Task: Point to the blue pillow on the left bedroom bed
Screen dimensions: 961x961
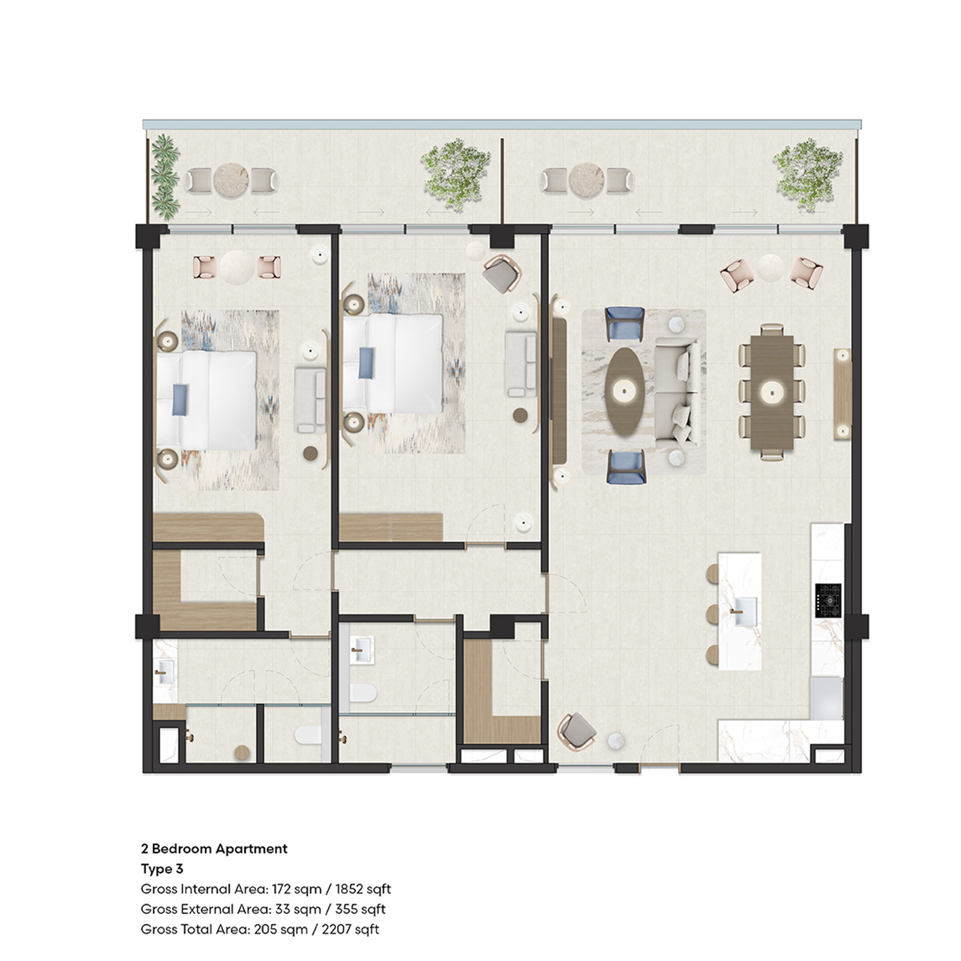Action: [x=180, y=400]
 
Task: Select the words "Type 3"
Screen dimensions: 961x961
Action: [x=162, y=869]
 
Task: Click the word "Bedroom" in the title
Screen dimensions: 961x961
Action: [x=181, y=848]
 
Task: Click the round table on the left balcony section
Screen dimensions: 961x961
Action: [x=231, y=180]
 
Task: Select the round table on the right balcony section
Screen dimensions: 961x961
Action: [x=586, y=180]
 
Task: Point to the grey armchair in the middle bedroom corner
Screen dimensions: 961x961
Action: [x=502, y=273]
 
